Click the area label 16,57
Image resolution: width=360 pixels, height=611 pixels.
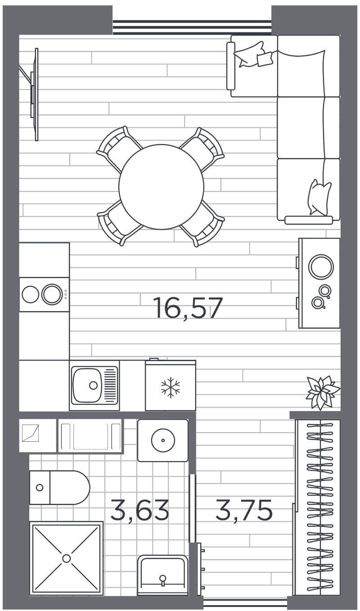(x=188, y=309)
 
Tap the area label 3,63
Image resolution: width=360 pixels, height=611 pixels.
(x=139, y=510)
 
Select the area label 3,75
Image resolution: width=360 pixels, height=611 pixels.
(x=244, y=510)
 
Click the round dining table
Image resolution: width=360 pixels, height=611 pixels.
(x=162, y=186)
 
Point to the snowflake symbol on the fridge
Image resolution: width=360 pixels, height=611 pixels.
(x=171, y=387)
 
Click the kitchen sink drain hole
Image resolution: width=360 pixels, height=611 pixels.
(x=93, y=385)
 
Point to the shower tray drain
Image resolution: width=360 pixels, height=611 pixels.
(x=67, y=558)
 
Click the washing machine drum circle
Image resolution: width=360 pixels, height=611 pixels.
(x=163, y=440)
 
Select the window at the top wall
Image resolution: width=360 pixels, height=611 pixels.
(x=192, y=27)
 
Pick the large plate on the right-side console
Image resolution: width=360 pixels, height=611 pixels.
(x=321, y=267)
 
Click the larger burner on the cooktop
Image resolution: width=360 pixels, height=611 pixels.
(x=52, y=294)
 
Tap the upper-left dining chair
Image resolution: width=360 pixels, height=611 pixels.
(x=118, y=147)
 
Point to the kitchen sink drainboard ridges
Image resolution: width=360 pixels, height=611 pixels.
(x=110, y=385)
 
